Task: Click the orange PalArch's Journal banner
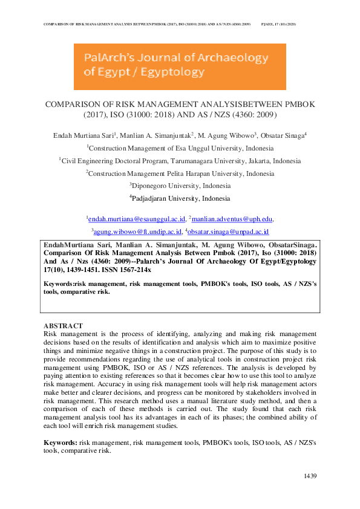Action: (x=180, y=66)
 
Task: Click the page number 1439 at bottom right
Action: (x=310, y=477)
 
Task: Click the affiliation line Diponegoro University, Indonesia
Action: (x=181, y=186)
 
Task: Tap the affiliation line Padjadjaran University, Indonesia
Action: (x=181, y=198)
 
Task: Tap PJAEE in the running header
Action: (x=270, y=25)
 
